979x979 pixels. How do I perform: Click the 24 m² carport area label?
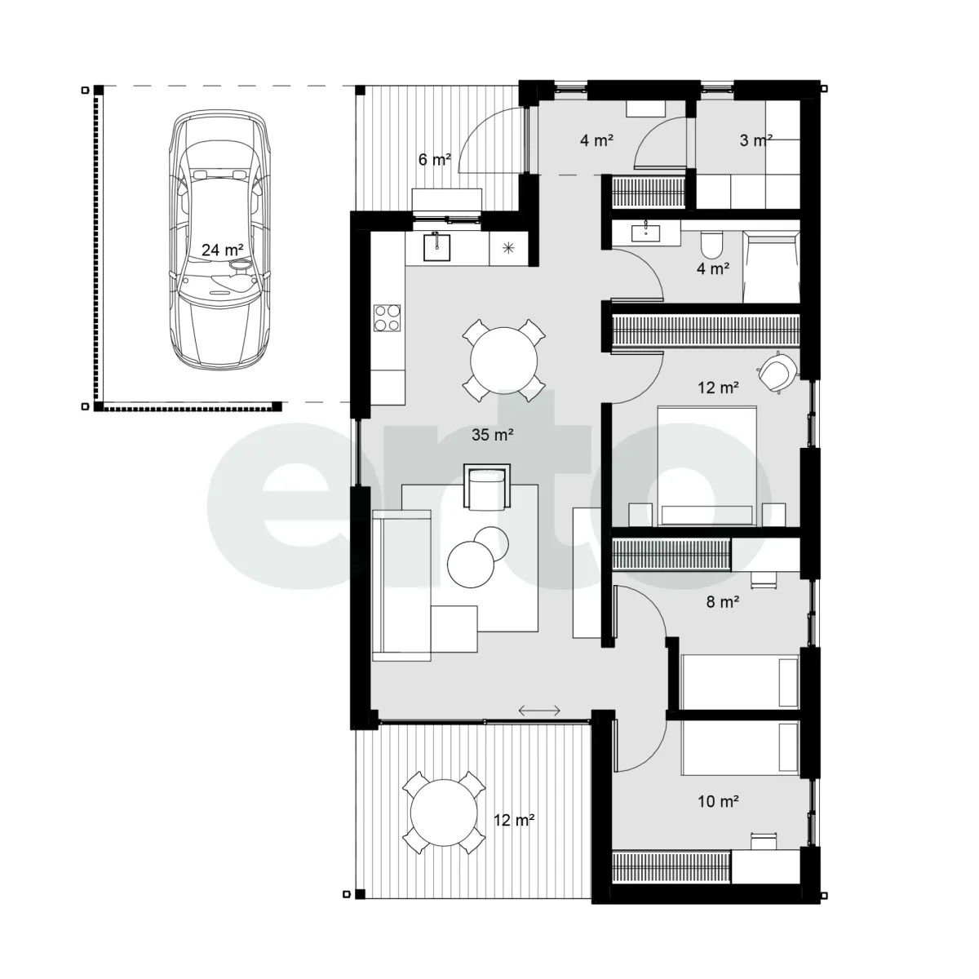(222, 250)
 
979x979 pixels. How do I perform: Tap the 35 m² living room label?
(492, 434)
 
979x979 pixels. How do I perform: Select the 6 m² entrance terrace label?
(434, 160)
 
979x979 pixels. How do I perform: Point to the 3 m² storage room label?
(756, 140)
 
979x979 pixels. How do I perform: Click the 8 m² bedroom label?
(723, 602)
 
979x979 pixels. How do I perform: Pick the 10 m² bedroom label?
(718, 802)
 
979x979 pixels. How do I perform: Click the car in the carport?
(219, 239)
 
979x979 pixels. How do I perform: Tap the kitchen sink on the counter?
(437, 246)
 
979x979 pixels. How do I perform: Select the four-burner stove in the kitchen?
(388, 317)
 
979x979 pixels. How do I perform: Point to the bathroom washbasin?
(645, 233)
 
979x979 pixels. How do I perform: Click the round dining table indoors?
(503, 361)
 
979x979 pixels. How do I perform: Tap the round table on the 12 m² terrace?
(444, 813)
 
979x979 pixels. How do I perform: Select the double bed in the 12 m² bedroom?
(707, 466)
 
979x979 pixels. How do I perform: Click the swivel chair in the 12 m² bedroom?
(776, 372)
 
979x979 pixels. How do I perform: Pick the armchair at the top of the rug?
(487, 487)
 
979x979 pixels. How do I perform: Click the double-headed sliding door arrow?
(539, 711)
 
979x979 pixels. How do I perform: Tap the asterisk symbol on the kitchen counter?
(508, 248)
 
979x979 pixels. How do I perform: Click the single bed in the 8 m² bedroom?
(740, 681)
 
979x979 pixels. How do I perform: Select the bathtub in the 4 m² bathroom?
(771, 268)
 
